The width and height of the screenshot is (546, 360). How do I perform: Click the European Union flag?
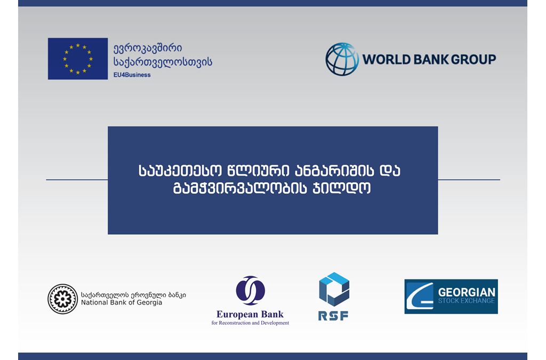click(x=78, y=59)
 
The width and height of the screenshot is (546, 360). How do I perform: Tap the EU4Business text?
click(x=132, y=75)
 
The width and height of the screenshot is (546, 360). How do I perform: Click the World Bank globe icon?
click(x=342, y=59)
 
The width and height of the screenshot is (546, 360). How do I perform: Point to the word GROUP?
click(x=473, y=60)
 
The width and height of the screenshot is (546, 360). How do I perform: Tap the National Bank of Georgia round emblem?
click(x=63, y=299)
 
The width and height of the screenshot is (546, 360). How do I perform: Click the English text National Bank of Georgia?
click(x=122, y=302)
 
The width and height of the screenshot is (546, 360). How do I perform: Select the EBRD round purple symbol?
click(x=251, y=290)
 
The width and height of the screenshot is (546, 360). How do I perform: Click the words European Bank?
click(x=250, y=314)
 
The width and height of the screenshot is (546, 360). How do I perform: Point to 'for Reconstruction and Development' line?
click(x=250, y=323)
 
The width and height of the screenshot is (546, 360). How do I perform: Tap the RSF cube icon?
click(x=334, y=289)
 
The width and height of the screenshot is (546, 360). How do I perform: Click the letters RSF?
click(x=333, y=316)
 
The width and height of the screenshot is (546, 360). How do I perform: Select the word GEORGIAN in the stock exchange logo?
click(x=467, y=292)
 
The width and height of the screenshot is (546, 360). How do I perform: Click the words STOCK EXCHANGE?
click(x=466, y=301)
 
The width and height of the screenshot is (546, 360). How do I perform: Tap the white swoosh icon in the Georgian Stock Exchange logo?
click(x=419, y=297)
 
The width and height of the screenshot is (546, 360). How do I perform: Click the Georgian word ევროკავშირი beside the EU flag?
click(x=148, y=49)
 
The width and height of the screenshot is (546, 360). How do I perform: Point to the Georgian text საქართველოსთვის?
click(x=163, y=62)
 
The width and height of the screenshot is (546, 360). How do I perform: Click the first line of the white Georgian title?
click(x=269, y=171)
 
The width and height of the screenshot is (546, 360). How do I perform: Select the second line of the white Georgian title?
click(x=271, y=188)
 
